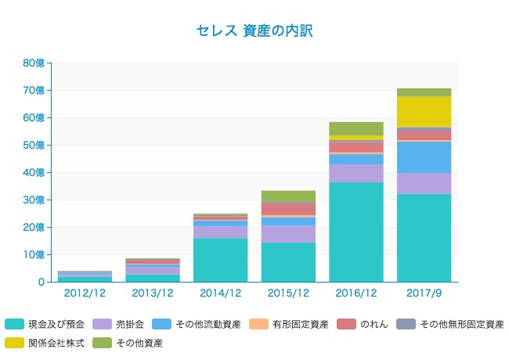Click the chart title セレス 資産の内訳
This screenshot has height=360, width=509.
[254, 31]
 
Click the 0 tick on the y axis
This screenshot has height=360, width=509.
[41, 282]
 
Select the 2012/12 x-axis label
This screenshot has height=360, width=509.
[85, 293]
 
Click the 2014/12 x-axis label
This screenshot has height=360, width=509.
[220, 293]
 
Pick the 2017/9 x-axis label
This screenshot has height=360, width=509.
[424, 293]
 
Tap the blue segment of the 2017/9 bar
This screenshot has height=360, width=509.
[424, 157]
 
